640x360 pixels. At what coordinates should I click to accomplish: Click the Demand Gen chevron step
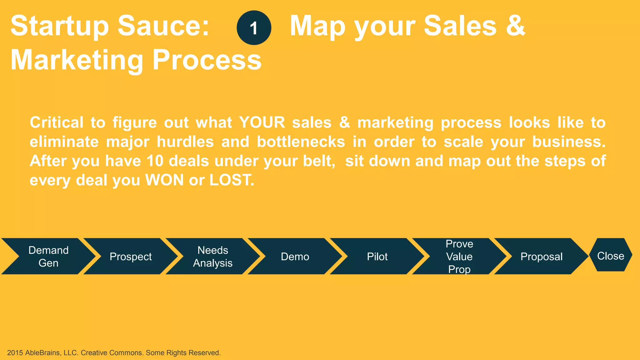click(x=48, y=257)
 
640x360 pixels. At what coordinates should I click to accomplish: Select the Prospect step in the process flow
click(x=131, y=257)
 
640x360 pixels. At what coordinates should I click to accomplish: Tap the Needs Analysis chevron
click(x=212, y=257)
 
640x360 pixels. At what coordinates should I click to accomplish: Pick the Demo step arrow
click(x=295, y=257)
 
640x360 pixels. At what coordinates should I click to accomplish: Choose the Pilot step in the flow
click(x=377, y=257)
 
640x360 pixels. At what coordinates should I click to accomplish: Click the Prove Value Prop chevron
click(x=459, y=257)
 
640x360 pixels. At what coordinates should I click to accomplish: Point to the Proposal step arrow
click(x=541, y=257)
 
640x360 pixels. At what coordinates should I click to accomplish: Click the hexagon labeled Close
click(x=611, y=256)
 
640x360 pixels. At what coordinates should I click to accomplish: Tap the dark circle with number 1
click(x=254, y=28)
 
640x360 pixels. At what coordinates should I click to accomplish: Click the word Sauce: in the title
click(x=163, y=26)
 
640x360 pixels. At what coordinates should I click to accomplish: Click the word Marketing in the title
click(x=77, y=60)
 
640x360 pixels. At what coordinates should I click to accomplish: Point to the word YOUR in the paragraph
click(x=262, y=122)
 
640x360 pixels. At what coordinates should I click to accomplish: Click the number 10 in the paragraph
click(x=155, y=161)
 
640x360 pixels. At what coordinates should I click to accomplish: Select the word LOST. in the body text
click(x=232, y=180)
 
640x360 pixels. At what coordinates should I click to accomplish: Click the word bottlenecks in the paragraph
click(x=301, y=142)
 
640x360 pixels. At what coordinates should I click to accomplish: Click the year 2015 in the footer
click(x=15, y=353)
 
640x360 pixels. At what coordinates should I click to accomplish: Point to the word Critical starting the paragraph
click(x=57, y=122)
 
